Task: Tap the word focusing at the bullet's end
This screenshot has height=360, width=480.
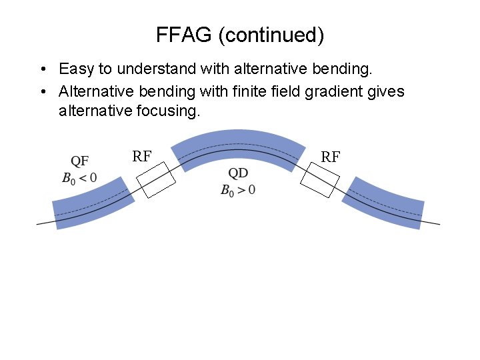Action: tap(171, 111)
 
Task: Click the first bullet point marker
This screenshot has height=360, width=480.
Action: tap(42, 69)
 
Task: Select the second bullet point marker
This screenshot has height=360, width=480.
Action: tap(42, 92)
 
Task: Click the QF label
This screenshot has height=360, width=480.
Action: tap(80, 161)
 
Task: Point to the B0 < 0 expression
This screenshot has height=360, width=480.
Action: tap(79, 178)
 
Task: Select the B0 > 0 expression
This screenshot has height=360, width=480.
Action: tap(238, 189)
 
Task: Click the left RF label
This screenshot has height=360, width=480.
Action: tap(141, 157)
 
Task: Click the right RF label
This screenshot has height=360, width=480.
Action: tap(331, 157)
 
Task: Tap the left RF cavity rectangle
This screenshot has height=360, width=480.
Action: tap(155, 179)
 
